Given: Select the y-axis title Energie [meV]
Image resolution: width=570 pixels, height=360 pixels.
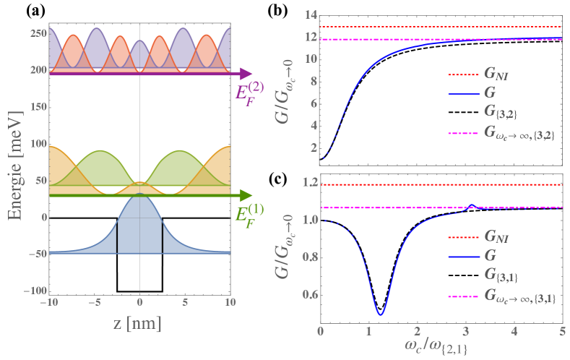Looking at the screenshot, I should click(12, 158).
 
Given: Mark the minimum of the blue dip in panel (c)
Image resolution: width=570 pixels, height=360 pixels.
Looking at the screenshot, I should click(380, 314).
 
